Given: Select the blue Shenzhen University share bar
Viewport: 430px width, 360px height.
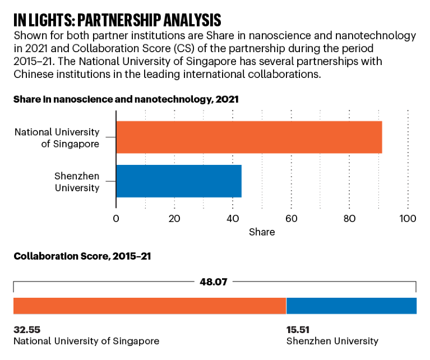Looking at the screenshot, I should pyautogui.click(x=179, y=181).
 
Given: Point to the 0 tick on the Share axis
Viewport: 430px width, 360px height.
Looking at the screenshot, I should pyautogui.click(x=116, y=219).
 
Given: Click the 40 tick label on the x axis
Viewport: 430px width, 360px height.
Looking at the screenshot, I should pyautogui.click(x=233, y=219).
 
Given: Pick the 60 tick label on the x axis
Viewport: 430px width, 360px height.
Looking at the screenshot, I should pyautogui.click(x=291, y=219).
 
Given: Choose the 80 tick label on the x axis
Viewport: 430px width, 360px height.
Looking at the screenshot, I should pyautogui.click(x=349, y=219).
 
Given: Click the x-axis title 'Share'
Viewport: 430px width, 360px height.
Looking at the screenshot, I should pyautogui.click(x=262, y=232).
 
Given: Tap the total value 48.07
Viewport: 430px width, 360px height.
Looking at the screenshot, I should pyautogui.click(x=215, y=282).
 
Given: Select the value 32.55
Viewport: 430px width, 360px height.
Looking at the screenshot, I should pyautogui.click(x=27, y=330).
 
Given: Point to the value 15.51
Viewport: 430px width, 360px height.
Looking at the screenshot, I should pyautogui.click(x=298, y=330).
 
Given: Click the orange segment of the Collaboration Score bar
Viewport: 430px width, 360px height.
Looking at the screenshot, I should pyautogui.click(x=150, y=306).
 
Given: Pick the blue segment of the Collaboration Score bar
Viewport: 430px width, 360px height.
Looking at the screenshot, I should pyautogui.click(x=352, y=306).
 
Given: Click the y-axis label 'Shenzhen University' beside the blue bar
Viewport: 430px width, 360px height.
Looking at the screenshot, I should pyautogui.click(x=77, y=182).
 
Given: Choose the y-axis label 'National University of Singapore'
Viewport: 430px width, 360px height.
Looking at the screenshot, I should pyautogui.click(x=57, y=138).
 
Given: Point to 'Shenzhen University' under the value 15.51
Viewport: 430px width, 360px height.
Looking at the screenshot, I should pyautogui.click(x=332, y=341).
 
